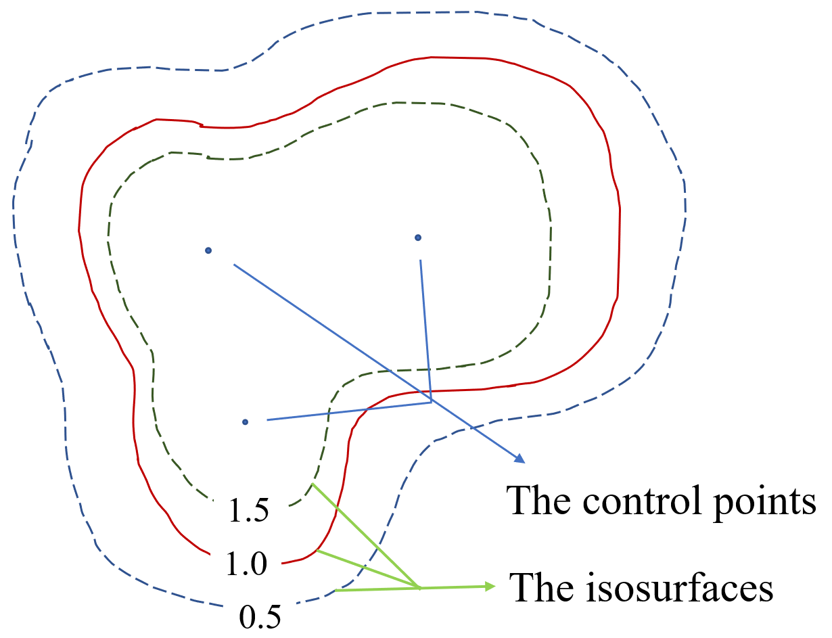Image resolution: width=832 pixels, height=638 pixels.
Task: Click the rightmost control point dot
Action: pyautogui.click(x=418, y=237)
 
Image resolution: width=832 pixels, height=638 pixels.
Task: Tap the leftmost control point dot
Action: pyautogui.click(x=208, y=250)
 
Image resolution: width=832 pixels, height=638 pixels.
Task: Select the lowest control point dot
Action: pyautogui.click(x=245, y=422)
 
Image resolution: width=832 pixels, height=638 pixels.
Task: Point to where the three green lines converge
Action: pyautogui.click(x=419, y=588)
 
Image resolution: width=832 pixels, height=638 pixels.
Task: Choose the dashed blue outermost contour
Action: pyautogui.click(x=685, y=203)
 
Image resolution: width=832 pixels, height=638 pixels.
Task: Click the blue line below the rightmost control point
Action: pyautogui.click(x=425, y=325)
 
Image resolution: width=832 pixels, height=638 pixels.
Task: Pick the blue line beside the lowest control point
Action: pyautogui.click(x=338, y=412)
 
